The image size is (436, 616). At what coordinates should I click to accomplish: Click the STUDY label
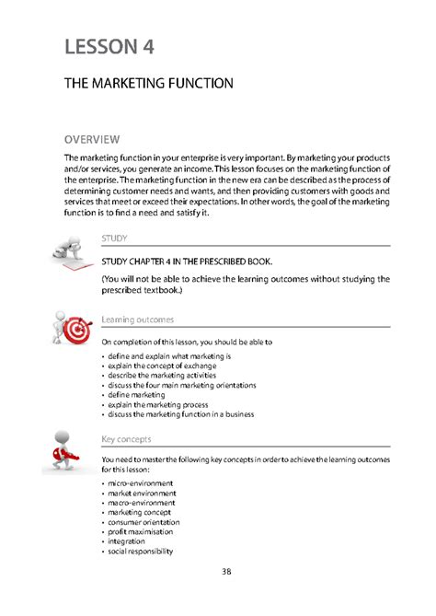tap(113, 238)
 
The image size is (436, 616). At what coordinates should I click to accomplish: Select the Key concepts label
tap(127, 438)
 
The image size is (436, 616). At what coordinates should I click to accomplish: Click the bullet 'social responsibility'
tap(143, 552)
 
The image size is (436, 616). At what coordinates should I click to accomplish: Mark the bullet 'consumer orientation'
tap(147, 522)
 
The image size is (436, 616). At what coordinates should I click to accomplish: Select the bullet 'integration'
tap(131, 542)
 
